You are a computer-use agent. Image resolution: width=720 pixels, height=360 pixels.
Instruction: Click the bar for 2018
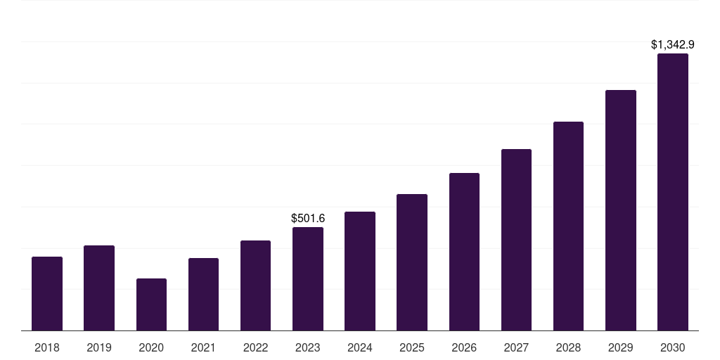click(47, 293)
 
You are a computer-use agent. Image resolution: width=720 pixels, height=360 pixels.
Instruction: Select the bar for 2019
click(99, 288)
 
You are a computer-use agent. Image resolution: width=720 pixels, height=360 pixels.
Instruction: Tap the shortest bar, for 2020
click(152, 304)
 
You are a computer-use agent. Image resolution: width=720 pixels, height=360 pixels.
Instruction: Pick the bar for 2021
click(203, 295)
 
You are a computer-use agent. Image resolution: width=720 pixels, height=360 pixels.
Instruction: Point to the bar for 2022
click(255, 285)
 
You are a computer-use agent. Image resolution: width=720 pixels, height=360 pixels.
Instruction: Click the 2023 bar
click(308, 278)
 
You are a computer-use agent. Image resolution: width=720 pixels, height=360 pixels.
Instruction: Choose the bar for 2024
click(360, 271)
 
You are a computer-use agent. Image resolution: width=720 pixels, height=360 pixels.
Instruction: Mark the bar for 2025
click(412, 262)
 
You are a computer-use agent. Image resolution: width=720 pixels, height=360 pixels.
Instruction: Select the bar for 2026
click(464, 252)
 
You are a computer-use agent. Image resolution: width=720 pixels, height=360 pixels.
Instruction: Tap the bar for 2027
click(516, 240)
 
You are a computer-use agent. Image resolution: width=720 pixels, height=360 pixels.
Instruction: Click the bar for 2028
click(568, 226)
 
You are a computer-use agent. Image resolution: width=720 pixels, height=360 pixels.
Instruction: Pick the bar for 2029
click(621, 210)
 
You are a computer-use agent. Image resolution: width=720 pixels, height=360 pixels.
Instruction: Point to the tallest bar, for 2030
click(673, 192)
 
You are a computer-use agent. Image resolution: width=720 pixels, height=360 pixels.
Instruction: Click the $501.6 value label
click(308, 218)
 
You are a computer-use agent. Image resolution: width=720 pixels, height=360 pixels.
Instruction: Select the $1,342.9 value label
click(673, 44)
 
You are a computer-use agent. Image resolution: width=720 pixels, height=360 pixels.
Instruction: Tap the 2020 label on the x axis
click(151, 347)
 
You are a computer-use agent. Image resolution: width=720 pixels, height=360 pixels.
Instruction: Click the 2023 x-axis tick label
click(308, 347)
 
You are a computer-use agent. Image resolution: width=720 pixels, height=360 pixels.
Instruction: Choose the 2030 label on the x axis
click(673, 347)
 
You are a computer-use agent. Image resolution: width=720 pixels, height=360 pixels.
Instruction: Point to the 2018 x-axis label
click(47, 347)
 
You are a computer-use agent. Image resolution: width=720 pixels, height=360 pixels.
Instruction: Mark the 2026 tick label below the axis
click(464, 347)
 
